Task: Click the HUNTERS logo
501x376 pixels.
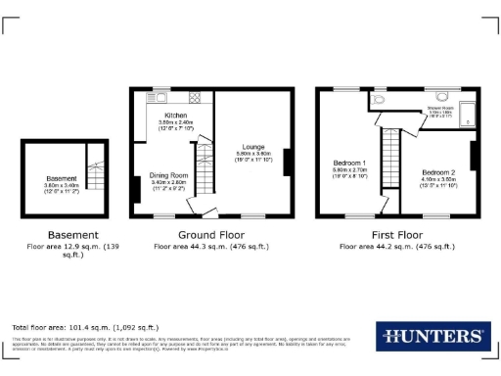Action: coord(431,337)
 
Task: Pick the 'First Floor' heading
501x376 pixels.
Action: coord(396,235)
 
